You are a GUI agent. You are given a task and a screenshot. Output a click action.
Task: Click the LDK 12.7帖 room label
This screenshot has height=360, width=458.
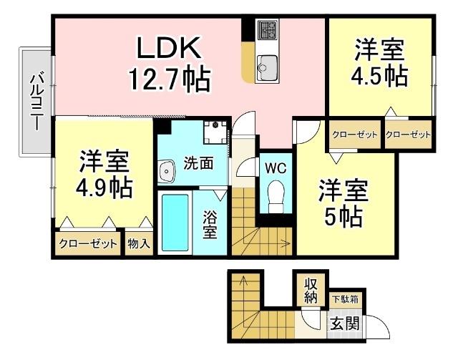point(169,64)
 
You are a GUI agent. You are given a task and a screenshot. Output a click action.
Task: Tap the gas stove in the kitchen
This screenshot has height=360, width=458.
point(267,31)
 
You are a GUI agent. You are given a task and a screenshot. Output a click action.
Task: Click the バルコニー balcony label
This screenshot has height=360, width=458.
point(34,101)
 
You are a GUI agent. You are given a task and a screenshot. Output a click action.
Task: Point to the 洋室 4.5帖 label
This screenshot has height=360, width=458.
point(380,62)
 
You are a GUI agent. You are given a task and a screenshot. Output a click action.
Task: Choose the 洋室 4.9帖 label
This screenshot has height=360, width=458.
point(104,174)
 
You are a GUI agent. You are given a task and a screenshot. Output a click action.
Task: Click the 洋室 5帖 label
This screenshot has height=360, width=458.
point(343,203)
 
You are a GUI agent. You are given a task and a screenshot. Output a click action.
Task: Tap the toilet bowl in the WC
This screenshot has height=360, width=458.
point(275,194)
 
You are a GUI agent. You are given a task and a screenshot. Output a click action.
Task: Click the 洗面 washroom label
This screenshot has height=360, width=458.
point(197,163)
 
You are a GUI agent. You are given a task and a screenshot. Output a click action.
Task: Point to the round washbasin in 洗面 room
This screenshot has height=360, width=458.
point(167,171)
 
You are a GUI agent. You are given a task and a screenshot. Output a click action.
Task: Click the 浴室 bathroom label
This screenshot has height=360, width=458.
point(210,225)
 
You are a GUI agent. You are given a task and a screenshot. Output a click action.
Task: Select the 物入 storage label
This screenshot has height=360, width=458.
point(139,243)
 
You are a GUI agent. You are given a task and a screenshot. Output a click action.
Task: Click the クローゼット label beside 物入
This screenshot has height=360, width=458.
point(89,243)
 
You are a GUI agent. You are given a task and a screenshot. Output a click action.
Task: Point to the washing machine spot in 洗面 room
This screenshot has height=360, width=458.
point(214,132)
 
